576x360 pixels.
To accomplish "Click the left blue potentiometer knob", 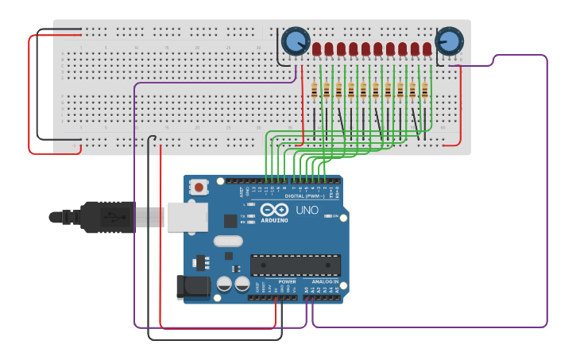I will pos(295,41).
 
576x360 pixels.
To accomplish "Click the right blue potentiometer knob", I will pos(449,41).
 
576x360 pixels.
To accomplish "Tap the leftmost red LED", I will pos(316,49).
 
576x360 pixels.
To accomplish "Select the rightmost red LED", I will pos(427,49).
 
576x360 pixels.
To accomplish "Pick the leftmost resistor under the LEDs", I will pos(315,91).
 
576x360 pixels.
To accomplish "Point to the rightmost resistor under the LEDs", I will pos(424,91).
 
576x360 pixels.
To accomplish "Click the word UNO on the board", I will pos(307,211).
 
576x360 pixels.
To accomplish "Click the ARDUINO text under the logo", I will pos(275,219).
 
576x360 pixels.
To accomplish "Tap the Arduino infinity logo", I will pos(275,210).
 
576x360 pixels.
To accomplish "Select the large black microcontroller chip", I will pos(295,265).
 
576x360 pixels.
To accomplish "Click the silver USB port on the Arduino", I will pos(187,217).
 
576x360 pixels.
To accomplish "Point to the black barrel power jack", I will pos(192,287).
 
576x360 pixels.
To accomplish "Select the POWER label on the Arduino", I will pos(287,281).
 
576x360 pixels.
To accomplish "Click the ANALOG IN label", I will pos(325,281).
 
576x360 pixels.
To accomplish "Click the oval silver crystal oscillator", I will pos(227,242).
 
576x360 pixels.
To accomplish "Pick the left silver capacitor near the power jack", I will pos(225,284).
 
